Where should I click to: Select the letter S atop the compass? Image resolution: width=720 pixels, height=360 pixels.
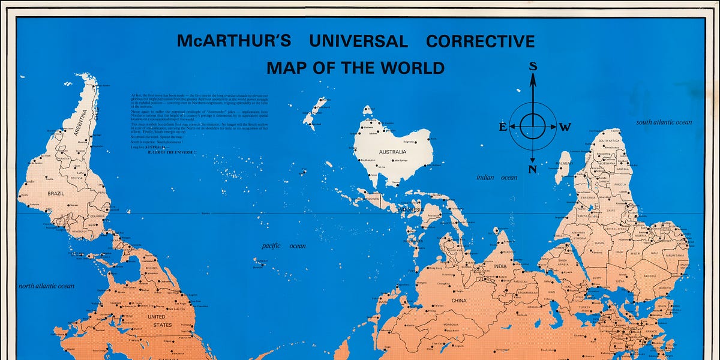(x=532, y=67)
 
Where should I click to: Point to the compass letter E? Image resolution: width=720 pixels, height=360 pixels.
(x=503, y=127)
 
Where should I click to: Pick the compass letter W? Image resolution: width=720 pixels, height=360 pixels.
(x=565, y=127)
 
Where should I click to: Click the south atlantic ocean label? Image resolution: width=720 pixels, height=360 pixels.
(x=664, y=122)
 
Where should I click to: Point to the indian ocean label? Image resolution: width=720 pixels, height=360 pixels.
(x=496, y=178)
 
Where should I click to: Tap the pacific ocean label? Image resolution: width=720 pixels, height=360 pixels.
(x=284, y=246)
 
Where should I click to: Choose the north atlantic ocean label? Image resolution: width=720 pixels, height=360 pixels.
(x=47, y=286)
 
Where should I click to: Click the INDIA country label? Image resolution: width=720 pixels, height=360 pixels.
(x=500, y=266)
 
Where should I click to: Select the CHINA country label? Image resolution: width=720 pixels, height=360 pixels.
(x=458, y=300)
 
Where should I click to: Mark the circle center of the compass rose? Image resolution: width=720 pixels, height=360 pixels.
(x=532, y=126)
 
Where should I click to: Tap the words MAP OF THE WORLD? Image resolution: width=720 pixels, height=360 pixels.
(x=355, y=68)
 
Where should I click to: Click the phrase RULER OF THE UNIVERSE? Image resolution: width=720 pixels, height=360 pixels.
(x=172, y=153)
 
